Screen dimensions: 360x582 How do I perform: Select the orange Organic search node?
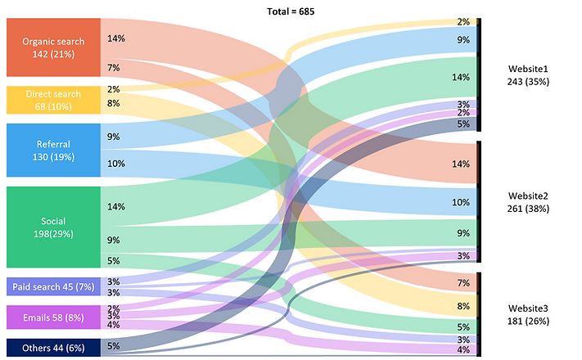pyautogui.click(x=53, y=47)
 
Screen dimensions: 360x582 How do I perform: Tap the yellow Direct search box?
pyautogui.click(x=53, y=100)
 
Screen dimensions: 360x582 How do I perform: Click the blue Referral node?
pyautogui.click(x=53, y=150)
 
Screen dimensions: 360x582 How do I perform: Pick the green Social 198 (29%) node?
pyautogui.click(x=53, y=227)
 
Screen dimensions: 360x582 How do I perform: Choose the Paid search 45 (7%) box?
pyautogui.click(x=53, y=286)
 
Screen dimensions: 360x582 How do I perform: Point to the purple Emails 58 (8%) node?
pyautogui.click(x=53, y=317)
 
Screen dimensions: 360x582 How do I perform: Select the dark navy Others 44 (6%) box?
pyautogui.click(x=53, y=346)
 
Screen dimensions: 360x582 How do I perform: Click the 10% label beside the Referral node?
pyautogui.click(x=115, y=164)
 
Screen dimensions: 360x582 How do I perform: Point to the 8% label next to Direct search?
pyautogui.click(x=113, y=103)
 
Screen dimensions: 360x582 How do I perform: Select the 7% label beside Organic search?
pyautogui.click(x=113, y=67)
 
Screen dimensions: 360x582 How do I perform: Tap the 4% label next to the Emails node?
pyautogui.click(x=113, y=325)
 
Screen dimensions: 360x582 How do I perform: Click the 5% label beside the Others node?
pyautogui.click(x=113, y=346)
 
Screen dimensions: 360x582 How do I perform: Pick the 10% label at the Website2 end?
pyautogui.click(x=462, y=202)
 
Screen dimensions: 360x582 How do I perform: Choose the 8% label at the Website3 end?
pyautogui.click(x=463, y=306)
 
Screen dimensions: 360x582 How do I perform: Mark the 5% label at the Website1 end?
pyautogui.click(x=463, y=124)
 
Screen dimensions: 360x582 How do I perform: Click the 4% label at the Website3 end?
pyautogui.click(x=463, y=350)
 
